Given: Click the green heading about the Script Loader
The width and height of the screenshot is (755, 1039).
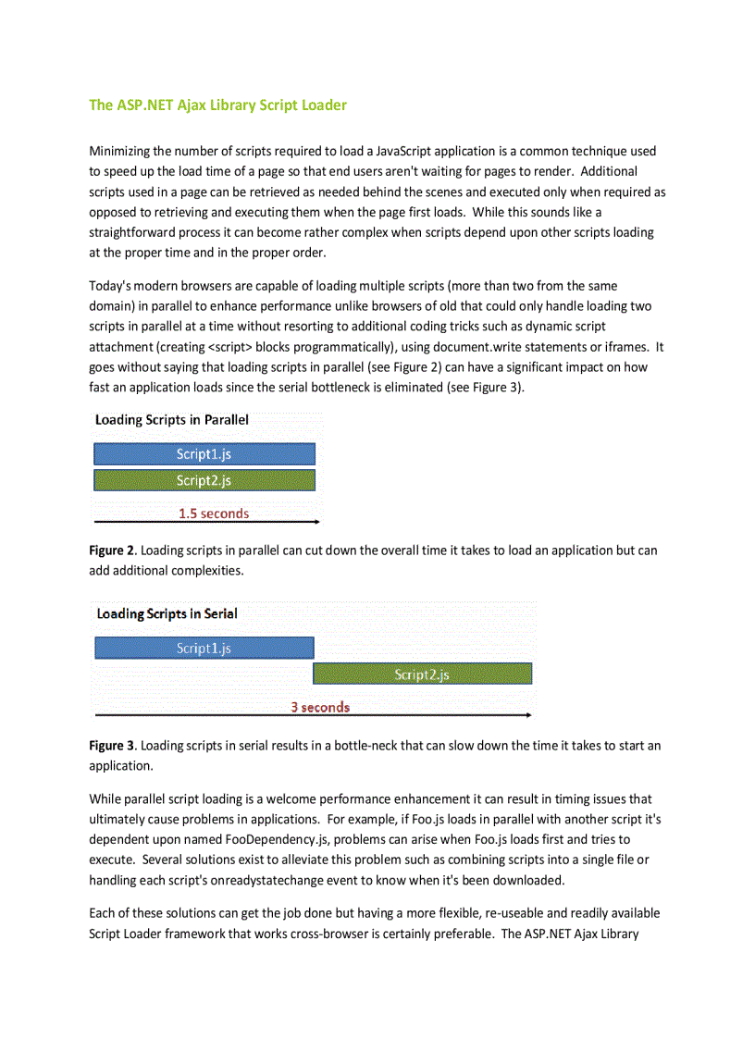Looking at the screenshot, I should [217, 105].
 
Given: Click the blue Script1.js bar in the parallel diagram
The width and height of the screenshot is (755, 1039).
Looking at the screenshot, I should [204, 453].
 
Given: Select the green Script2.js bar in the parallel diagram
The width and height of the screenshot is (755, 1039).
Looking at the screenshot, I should [204, 479].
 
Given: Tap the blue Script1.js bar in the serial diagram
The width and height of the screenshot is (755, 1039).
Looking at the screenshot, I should [204, 648].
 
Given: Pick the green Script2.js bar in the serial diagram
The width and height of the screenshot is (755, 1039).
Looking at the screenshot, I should [422, 674].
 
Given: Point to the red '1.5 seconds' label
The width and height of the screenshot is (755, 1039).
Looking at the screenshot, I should [214, 513].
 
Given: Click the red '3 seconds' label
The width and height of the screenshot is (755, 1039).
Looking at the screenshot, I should [320, 707].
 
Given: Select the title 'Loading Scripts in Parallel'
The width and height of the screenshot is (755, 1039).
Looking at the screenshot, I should [172, 420].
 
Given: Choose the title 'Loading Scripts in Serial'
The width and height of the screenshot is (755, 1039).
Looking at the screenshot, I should [167, 613].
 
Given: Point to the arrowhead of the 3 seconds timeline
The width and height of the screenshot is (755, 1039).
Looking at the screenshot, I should [529, 715].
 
